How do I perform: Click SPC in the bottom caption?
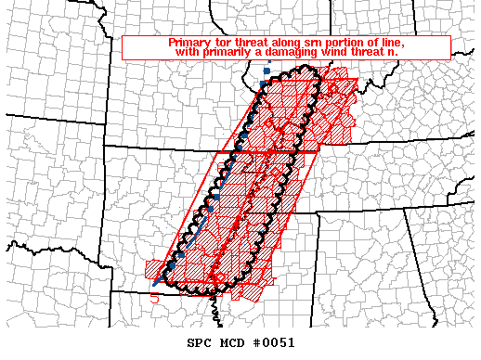click(198, 342)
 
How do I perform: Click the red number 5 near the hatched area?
click(155, 299)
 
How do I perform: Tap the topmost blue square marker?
click(266, 71)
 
